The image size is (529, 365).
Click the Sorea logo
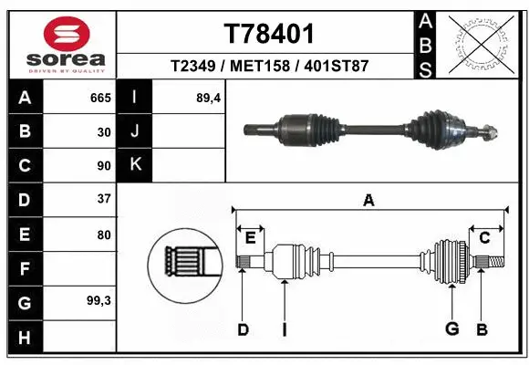pos(59,46)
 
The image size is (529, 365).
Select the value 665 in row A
pos(100,98)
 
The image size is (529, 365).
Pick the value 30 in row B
pos(104,131)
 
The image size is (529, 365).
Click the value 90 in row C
pos(104,166)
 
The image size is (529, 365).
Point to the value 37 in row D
pos(104,199)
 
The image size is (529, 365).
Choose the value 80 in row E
pos(104,234)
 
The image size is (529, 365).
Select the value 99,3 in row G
pos(99,300)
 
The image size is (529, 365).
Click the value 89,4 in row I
pos(209,98)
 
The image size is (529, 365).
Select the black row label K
pos(135,165)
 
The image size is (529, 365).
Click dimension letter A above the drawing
pos(368,201)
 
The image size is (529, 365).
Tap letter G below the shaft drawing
pos(451,329)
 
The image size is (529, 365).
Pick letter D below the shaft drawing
pos(243,329)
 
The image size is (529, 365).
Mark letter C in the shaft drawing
pos(485,239)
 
